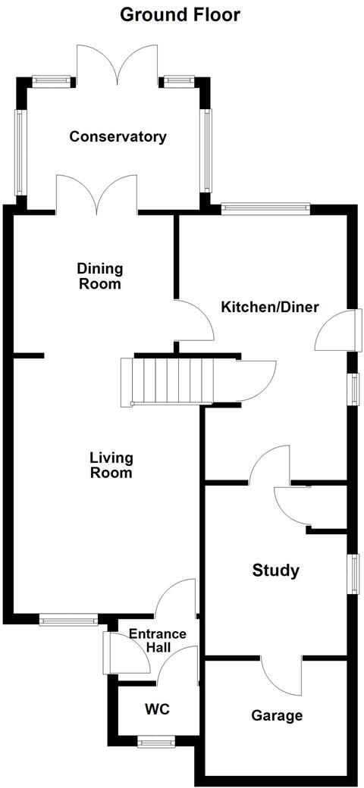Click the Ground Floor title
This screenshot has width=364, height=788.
(180, 14)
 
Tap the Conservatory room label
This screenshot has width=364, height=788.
(118, 137)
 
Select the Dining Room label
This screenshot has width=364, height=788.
(99, 277)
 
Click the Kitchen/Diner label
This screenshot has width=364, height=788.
(269, 308)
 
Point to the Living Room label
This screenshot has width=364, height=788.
(111, 465)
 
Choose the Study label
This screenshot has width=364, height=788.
(275, 571)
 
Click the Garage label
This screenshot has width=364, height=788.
(277, 715)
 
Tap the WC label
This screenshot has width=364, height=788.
(157, 710)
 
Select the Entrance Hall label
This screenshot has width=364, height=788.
(157, 641)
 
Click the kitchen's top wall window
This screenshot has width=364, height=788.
(265, 206)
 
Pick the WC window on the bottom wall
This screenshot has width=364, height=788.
(156, 742)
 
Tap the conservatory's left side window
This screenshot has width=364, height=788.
(21, 152)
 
